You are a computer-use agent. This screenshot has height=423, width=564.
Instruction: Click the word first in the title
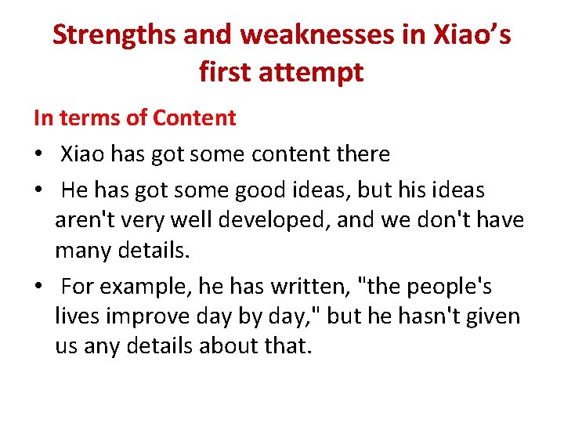tap(228, 72)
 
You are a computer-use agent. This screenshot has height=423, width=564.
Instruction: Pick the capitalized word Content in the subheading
tap(194, 118)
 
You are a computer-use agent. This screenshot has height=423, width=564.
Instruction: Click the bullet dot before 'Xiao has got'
tap(38, 155)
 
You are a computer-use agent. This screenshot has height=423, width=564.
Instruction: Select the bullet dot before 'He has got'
tap(38, 191)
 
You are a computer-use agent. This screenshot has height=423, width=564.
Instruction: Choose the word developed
tap(268, 220)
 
